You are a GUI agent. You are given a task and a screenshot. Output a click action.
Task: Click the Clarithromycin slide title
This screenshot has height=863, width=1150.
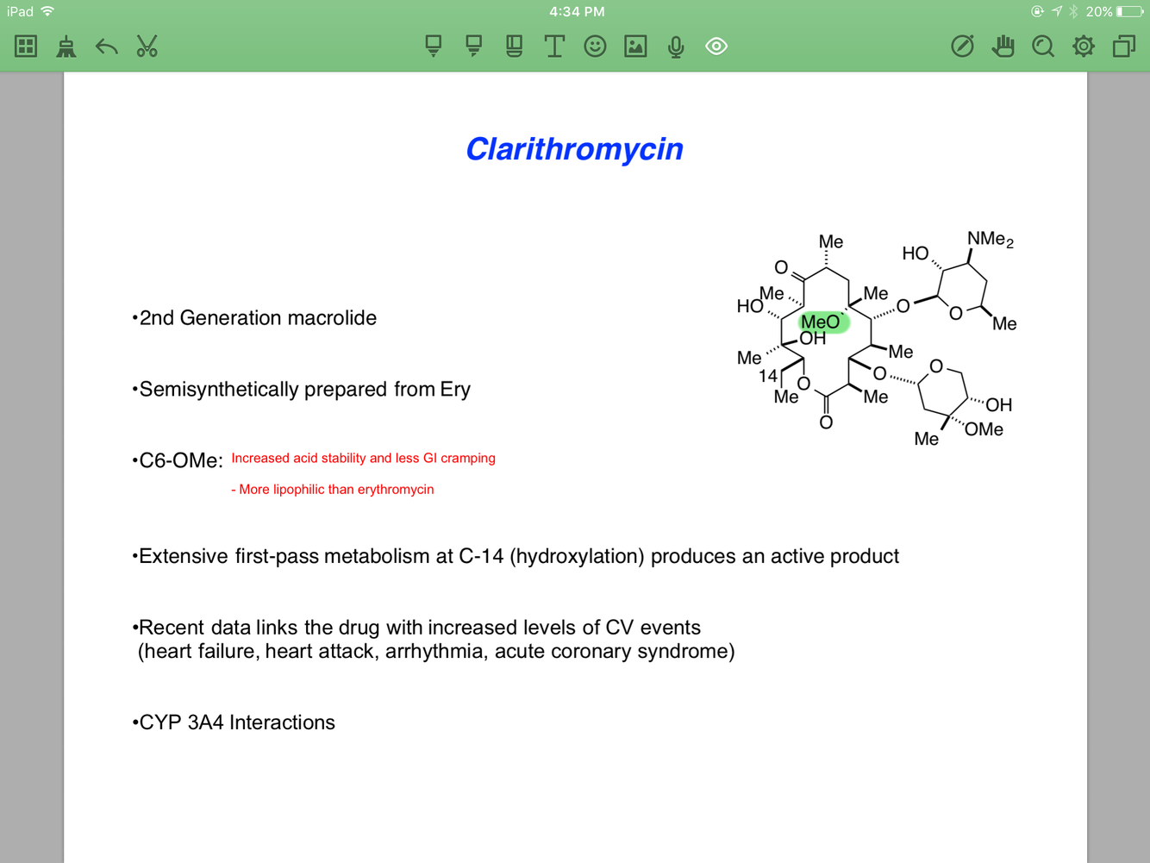(x=574, y=149)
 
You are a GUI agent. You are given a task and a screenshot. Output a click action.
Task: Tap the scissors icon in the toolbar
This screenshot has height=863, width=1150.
(x=147, y=47)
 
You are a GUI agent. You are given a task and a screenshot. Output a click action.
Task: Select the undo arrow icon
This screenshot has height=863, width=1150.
(x=106, y=47)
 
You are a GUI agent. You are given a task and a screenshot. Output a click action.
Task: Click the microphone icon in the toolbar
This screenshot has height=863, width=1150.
(x=676, y=47)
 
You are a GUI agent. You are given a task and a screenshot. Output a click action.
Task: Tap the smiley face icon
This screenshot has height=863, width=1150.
(x=595, y=47)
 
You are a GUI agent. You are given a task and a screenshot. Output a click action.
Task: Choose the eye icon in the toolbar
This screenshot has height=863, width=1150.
(x=716, y=47)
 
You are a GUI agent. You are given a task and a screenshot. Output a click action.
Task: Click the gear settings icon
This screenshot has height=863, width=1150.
(x=1084, y=47)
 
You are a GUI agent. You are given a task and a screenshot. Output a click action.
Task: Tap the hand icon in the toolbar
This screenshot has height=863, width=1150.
(x=1003, y=47)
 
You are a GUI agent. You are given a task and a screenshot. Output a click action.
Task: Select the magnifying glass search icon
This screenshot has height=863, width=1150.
(x=1043, y=47)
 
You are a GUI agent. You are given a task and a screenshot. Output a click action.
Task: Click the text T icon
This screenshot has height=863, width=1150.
(x=554, y=47)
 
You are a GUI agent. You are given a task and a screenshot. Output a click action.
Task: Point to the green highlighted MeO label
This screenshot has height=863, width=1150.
(x=821, y=322)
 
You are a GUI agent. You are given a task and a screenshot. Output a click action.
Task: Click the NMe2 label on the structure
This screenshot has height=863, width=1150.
(x=990, y=240)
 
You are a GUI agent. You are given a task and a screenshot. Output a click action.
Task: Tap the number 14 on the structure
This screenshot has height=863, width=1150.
(x=768, y=376)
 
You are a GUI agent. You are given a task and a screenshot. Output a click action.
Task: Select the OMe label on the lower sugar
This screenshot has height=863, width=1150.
(x=984, y=429)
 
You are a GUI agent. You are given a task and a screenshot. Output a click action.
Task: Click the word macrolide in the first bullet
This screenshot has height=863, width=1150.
(x=332, y=318)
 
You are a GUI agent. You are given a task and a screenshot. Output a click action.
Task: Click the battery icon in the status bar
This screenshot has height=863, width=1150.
(x=1129, y=11)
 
